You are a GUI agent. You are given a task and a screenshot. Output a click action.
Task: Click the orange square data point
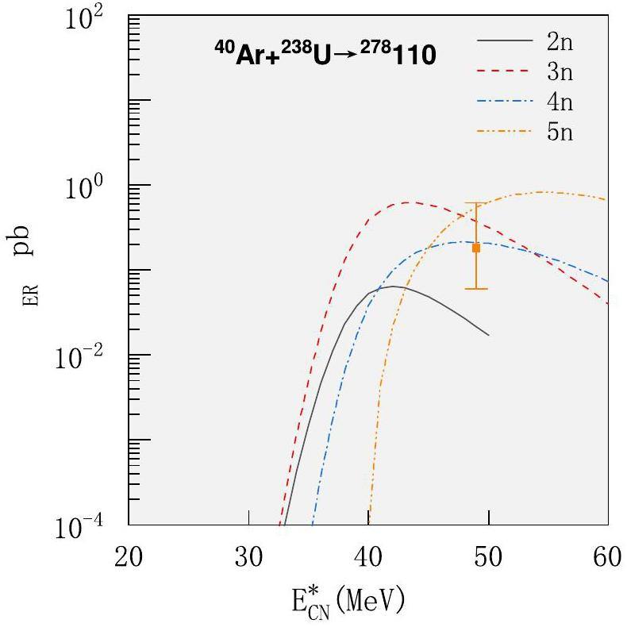[x=476, y=248]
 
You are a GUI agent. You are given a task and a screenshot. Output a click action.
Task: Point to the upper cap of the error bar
[x=476, y=204]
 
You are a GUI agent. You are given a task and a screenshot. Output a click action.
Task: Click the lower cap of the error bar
[x=476, y=288]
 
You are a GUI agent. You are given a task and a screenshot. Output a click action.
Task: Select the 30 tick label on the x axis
[x=248, y=556]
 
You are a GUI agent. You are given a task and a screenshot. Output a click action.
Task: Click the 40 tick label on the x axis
[x=368, y=556]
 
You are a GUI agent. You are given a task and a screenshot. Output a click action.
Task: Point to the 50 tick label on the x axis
[x=489, y=556]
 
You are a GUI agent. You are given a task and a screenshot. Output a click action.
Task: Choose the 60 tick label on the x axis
[x=608, y=556]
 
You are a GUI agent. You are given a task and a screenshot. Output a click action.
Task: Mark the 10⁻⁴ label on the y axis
[x=87, y=528]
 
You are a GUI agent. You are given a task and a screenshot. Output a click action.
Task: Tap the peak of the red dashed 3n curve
[x=407, y=202]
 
